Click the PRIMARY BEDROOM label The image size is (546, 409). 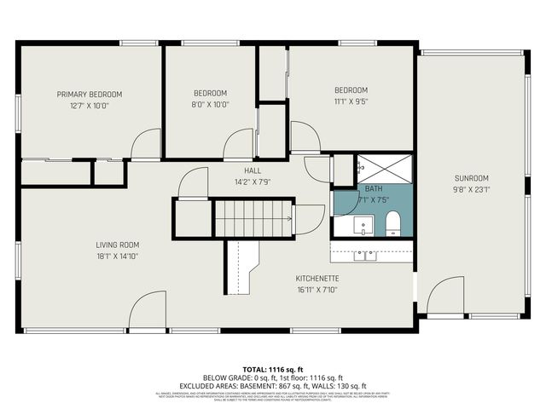point(90,94)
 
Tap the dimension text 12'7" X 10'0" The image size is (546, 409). point(90,106)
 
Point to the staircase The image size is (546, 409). point(253,218)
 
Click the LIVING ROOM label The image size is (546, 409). point(118,245)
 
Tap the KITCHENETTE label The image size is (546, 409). point(318,279)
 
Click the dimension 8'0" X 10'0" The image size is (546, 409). point(210,105)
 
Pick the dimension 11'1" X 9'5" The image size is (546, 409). point(351,102)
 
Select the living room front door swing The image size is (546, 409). point(148,310)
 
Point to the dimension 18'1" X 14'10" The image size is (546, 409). point(118,256)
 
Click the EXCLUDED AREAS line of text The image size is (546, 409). point(273,384)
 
